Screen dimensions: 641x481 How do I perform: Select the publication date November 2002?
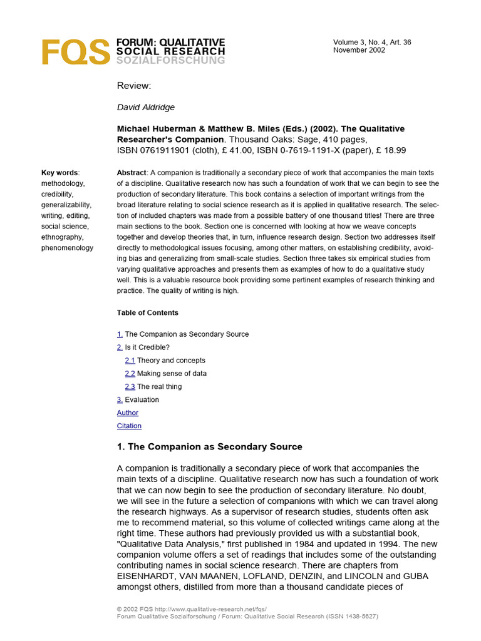(359, 50)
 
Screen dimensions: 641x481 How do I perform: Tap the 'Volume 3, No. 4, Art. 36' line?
(372, 42)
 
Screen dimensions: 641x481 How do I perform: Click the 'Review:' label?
(134, 86)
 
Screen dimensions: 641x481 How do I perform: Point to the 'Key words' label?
(59, 173)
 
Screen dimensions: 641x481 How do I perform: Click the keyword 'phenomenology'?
(67, 248)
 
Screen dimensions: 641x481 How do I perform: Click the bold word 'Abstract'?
(132, 173)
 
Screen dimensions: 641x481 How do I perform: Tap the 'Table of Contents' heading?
(147, 312)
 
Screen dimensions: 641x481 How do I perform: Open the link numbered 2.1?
(130, 361)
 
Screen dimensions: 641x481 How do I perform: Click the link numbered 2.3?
(130, 387)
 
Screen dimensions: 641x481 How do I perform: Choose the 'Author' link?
(128, 413)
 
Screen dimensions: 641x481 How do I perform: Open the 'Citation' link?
(129, 426)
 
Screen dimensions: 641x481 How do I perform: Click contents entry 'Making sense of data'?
(172, 374)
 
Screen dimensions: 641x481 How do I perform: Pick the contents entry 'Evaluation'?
(142, 400)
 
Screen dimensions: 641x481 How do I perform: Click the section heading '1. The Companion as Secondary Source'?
(209, 447)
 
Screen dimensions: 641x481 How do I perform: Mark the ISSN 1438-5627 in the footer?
(351, 616)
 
